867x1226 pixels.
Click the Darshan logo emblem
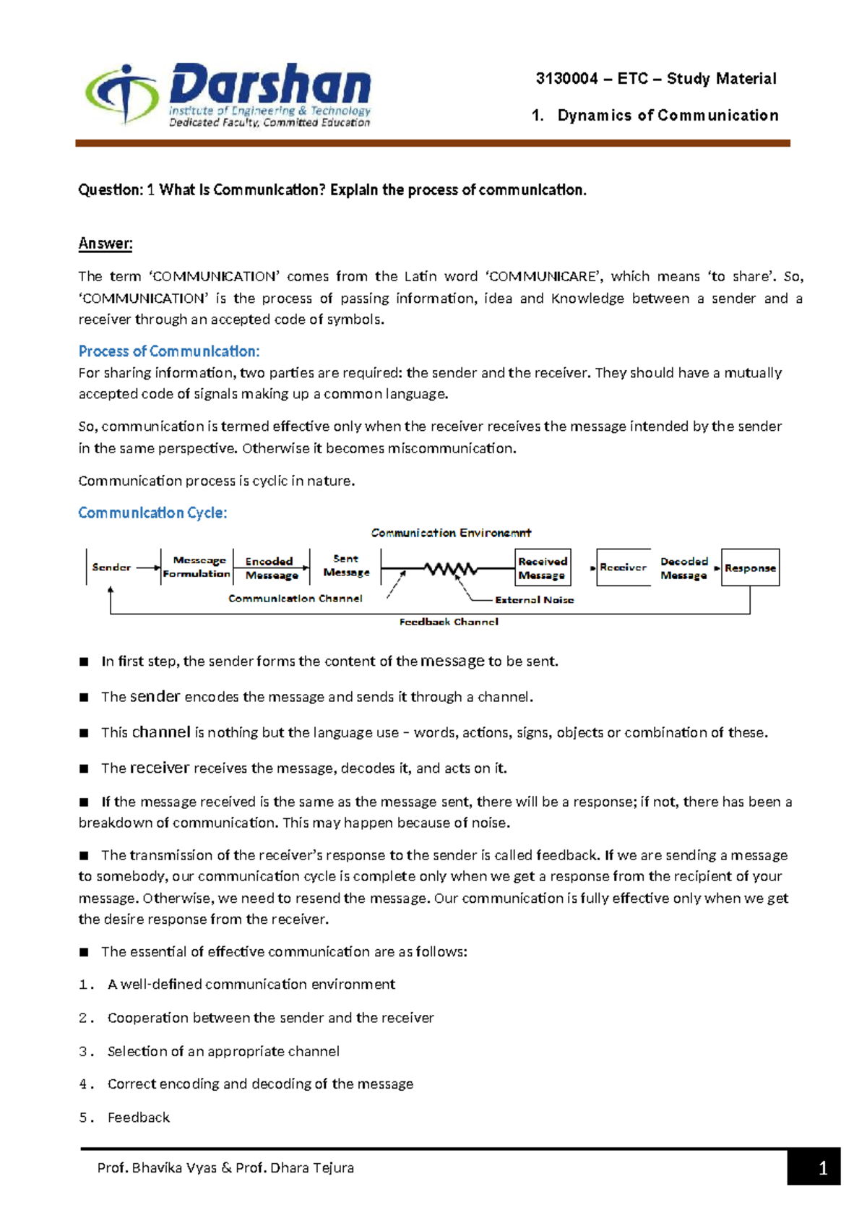point(122,94)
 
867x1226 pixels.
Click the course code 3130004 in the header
point(566,79)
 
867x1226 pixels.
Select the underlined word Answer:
point(105,244)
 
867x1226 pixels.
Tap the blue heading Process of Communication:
point(168,351)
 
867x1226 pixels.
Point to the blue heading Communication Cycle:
point(152,513)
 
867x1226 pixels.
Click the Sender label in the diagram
point(111,567)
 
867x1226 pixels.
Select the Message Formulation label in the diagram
point(197,567)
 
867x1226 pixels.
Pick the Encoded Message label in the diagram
point(271,568)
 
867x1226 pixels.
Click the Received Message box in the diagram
point(543,568)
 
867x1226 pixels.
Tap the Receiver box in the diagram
point(623,567)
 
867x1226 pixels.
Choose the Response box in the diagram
point(750,568)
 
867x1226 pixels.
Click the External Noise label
point(534,600)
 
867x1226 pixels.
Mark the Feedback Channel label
point(449,622)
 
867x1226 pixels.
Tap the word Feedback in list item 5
point(139,1118)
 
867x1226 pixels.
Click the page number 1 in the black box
point(822,1168)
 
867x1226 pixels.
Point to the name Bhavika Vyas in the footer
point(174,1167)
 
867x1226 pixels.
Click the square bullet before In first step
point(84,661)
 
